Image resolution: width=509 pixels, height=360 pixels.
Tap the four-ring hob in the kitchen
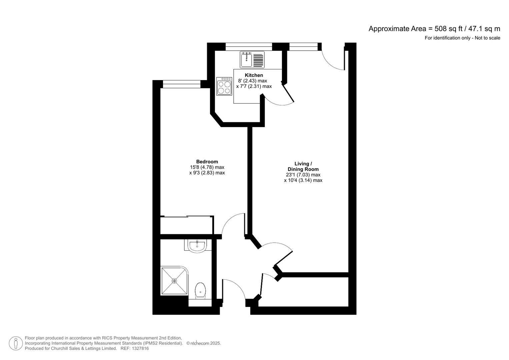pyautogui.click(x=224, y=86)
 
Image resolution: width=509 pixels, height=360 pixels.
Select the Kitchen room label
pyautogui.click(x=254, y=75)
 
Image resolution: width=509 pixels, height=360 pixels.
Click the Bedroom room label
pyautogui.click(x=207, y=162)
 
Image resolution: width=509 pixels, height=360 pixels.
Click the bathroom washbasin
pyautogui.click(x=197, y=246)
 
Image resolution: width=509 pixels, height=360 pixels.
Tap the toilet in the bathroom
pyautogui.click(x=200, y=290)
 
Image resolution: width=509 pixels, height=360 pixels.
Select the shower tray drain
pyautogui.click(x=174, y=281)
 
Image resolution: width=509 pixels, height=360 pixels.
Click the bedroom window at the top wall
pyautogui.click(x=182, y=84)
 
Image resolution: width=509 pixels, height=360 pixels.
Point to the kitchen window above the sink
pyautogui.click(x=249, y=47)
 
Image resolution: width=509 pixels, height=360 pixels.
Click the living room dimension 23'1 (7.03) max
pyautogui.click(x=303, y=175)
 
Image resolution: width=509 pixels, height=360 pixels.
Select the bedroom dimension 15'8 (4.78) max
pyautogui.click(x=207, y=167)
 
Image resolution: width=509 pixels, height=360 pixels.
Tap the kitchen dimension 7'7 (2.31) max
pyautogui.click(x=254, y=86)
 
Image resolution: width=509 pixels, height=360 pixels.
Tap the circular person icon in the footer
pyautogui.click(x=16, y=343)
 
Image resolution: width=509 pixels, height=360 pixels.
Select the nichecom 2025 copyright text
pyautogui.click(x=204, y=343)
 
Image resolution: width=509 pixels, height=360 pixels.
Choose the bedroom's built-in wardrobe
pyautogui.click(x=186, y=225)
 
